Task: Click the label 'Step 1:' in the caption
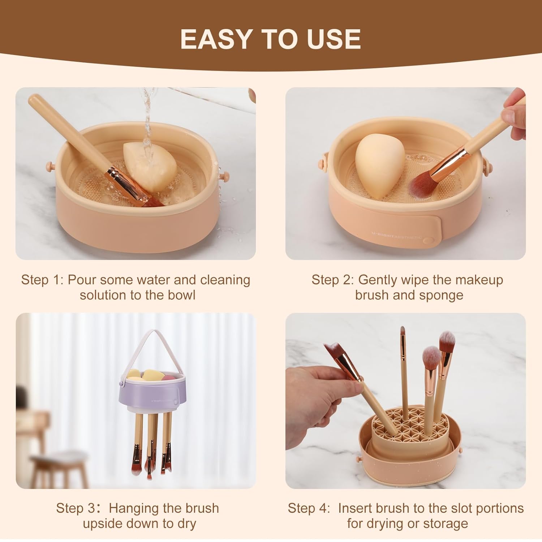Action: (x=42, y=280)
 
